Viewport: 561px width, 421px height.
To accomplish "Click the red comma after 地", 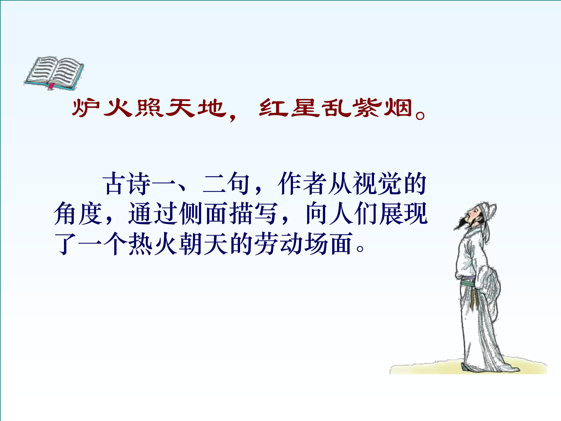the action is click(232, 117).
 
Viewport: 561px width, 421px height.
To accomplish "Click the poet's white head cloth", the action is click(487, 216).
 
